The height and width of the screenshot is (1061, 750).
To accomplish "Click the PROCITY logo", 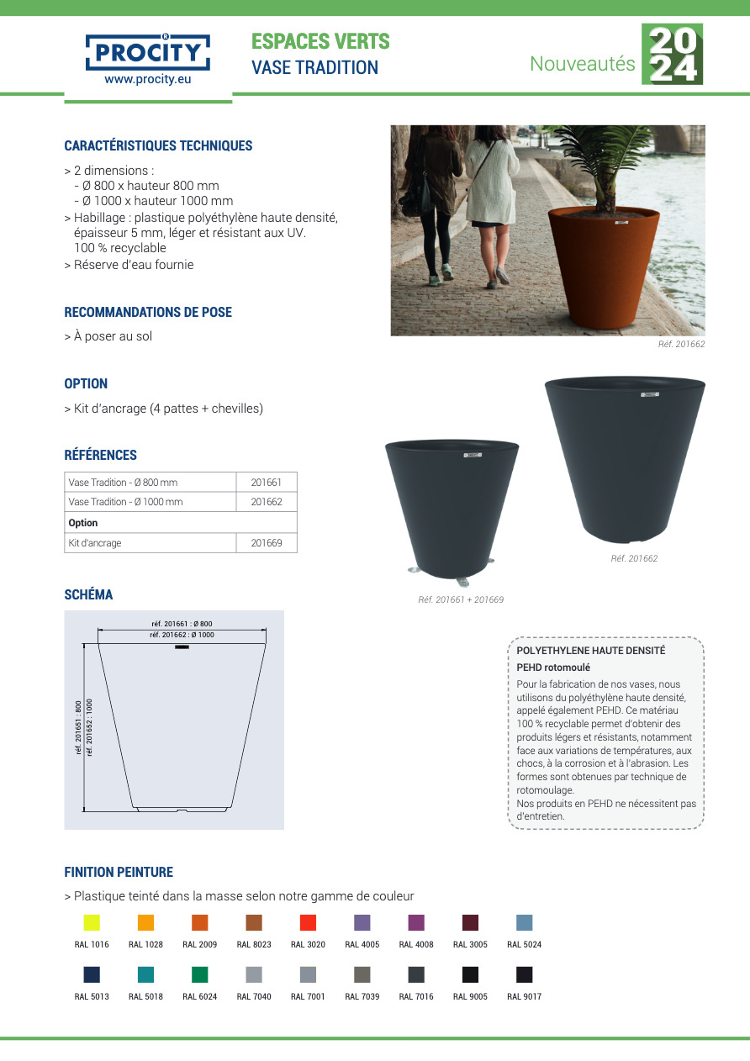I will point(148,53).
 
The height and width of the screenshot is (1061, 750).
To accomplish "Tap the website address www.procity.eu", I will point(148,81).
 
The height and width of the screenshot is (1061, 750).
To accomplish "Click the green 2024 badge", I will point(672,54).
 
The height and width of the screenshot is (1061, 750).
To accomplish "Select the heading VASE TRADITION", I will point(315,68).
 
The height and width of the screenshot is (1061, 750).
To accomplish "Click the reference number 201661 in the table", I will point(267,483).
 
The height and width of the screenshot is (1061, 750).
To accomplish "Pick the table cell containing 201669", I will point(267,543).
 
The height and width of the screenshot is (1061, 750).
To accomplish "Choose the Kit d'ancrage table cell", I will point(151,543).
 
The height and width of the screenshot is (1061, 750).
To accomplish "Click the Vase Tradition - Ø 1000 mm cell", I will point(151,502).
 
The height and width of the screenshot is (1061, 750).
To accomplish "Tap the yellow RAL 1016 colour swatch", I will point(92,922).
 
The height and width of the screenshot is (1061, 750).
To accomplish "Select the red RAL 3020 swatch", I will point(308,922).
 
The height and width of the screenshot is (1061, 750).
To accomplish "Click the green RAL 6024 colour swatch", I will point(199,974).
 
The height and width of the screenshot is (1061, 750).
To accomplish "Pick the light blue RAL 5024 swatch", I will point(524,922).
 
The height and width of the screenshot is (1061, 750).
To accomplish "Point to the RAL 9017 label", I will point(524,997).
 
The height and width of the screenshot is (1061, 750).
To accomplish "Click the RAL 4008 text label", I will point(416,945).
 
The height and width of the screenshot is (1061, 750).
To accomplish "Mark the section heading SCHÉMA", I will point(88,595).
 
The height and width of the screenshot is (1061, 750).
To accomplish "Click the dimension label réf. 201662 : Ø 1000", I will point(182,636).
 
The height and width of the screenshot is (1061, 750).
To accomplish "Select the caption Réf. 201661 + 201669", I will point(461,600).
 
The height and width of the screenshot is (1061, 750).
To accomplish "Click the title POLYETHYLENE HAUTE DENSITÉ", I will point(590,651).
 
